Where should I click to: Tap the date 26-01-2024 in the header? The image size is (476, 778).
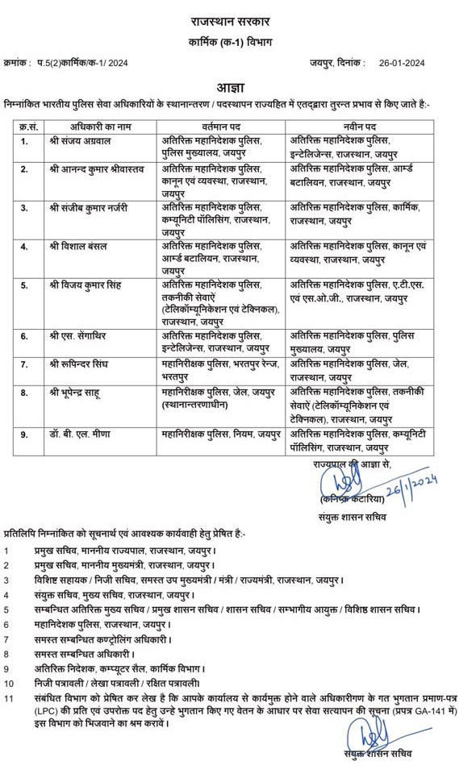pyautogui.click(x=402, y=63)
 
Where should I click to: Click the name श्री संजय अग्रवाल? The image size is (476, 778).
pyautogui.click(x=79, y=141)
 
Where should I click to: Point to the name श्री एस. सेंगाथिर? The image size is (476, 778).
pyautogui.click(x=79, y=335)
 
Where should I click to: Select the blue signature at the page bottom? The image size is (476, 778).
pyautogui.click(x=372, y=734)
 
